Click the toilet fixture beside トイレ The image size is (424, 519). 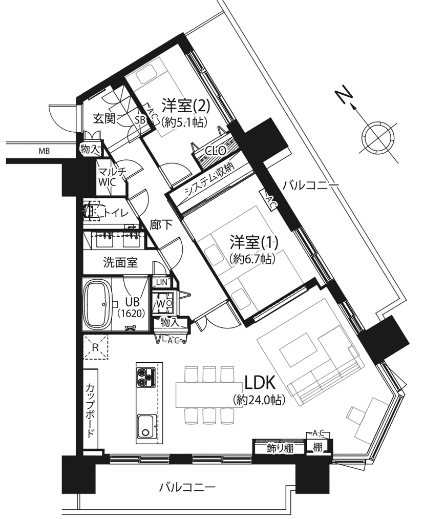point(92,211)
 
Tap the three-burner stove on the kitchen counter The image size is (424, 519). point(146,377)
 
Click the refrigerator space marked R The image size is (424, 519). point(96,347)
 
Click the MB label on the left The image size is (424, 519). point(45,151)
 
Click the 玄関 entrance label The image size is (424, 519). point(104,118)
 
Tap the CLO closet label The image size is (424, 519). point(216,151)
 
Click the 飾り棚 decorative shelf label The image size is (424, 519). point(280,448)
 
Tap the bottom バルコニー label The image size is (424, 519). point(187,487)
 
